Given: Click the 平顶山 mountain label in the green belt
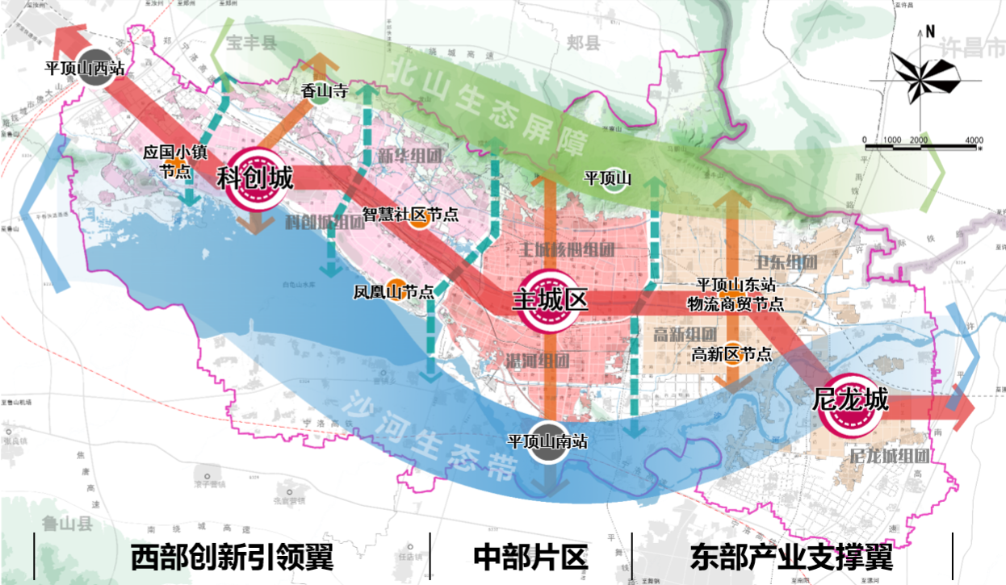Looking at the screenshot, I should (x=607, y=178).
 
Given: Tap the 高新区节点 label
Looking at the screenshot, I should (x=732, y=353).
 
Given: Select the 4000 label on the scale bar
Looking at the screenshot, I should (x=974, y=140).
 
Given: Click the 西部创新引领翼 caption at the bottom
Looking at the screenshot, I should (x=232, y=557).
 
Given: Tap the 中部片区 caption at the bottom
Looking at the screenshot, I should (x=530, y=557).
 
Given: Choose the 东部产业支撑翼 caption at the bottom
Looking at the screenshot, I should (x=791, y=557).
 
